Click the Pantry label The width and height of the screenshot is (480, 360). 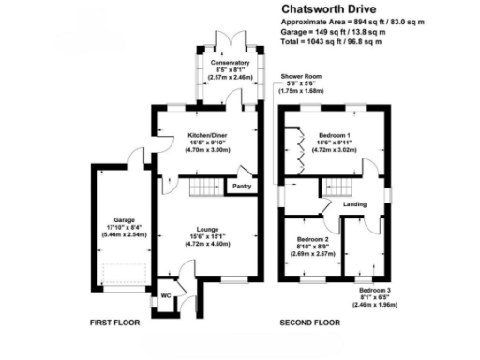[241, 186]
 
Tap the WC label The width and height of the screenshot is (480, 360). [165, 296]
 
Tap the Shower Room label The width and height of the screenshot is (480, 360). [300, 77]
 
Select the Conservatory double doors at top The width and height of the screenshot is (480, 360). [229, 39]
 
